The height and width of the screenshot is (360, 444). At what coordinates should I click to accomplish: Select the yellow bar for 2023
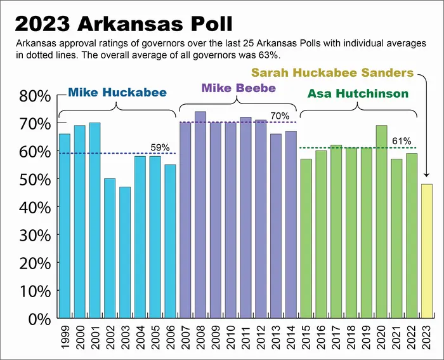(428, 251)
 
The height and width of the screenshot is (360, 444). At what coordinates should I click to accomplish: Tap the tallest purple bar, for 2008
(200, 215)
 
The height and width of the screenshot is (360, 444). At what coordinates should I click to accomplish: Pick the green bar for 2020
(381, 222)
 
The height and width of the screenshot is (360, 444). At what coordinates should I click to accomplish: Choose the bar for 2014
(291, 224)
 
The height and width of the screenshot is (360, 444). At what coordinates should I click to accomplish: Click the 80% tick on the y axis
(32, 96)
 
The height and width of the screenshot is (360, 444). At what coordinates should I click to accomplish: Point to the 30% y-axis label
(32, 235)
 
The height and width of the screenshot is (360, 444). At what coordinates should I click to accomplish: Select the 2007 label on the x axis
(186, 336)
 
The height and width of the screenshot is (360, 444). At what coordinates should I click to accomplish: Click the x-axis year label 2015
(306, 336)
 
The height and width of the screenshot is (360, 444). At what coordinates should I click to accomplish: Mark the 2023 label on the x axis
(428, 336)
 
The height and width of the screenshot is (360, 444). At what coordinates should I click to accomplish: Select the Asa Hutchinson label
(358, 94)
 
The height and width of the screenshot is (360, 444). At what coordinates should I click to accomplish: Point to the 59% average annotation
(160, 147)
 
